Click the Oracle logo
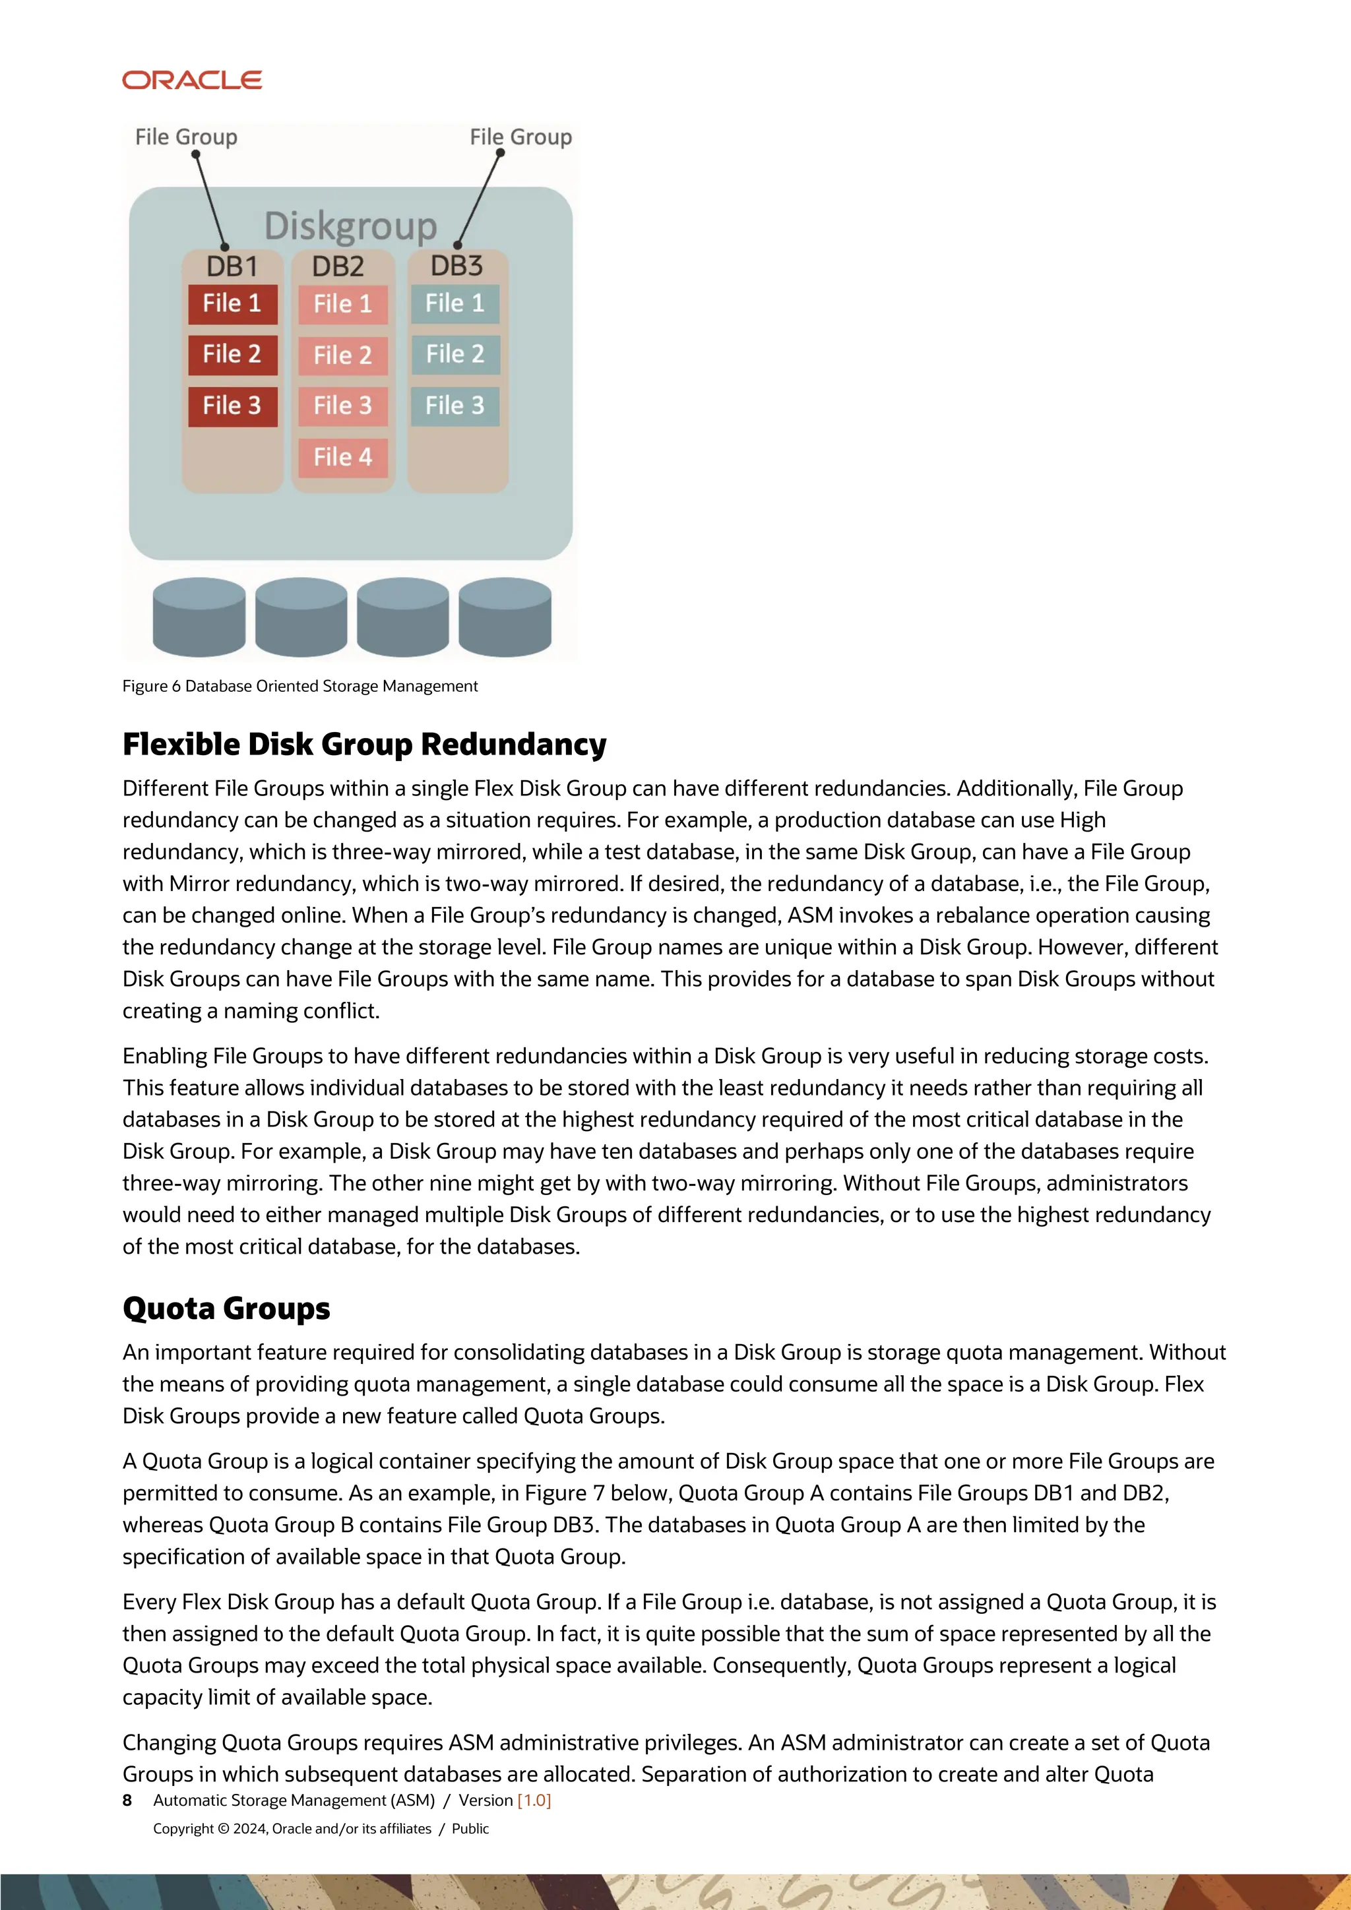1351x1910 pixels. tap(192, 80)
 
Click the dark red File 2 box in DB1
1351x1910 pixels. tap(232, 354)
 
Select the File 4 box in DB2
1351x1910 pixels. tap(343, 456)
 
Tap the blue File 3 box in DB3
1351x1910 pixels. tap(455, 406)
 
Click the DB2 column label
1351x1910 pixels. tap(338, 266)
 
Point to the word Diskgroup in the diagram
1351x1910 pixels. tap(350, 226)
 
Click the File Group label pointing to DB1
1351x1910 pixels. tap(186, 137)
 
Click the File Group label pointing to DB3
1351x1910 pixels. tap(520, 137)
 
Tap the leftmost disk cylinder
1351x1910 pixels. tap(199, 617)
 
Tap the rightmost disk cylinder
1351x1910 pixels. tap(505, 617)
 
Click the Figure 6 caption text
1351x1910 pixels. tap(299, 687)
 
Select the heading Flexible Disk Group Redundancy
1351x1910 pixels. tap(363, 744)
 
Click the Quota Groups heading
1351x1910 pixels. tap(226, 1308)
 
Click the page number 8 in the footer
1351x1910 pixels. tap(127, 1801)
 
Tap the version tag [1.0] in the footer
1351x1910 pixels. tap(534, 1801)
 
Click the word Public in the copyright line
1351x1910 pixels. tap(470, 1828)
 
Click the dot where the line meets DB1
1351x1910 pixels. tap(224, 247)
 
